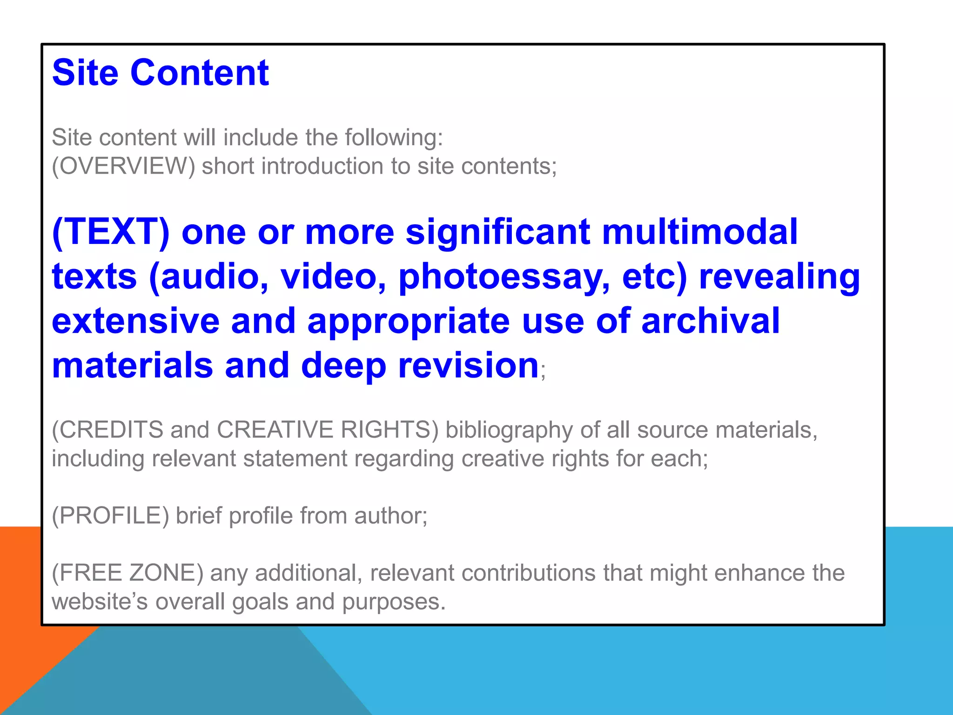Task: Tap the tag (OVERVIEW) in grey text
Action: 123,166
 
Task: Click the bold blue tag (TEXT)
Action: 111,232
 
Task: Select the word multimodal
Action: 699,232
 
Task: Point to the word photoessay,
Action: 504,277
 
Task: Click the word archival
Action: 710,321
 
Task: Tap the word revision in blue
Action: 468,366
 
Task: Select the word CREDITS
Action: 112,430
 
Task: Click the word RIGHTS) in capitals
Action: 389,430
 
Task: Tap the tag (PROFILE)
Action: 110,516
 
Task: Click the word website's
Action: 100,602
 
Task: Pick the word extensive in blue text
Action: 135,321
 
